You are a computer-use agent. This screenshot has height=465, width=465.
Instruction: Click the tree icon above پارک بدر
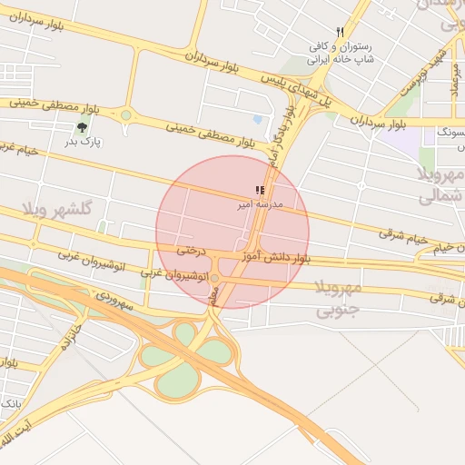pos(84,127)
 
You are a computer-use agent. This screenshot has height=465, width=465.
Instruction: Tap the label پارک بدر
pos(84,143)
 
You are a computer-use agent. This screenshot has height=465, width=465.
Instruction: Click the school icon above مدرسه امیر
pos(260,191)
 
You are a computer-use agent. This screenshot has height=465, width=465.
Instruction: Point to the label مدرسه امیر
pos(260,205)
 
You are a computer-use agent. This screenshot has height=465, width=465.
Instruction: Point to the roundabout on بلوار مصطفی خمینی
pos(125,116)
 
